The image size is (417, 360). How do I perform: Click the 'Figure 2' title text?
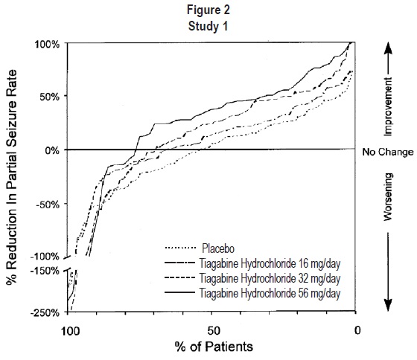(208, 10)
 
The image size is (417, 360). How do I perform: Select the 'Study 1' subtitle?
(208, 26)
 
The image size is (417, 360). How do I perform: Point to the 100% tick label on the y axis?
(48, 44)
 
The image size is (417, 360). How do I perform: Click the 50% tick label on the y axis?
(50, 97)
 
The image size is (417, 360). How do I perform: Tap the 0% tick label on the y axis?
(52, 151)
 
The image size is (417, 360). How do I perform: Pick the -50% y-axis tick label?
(48, 205)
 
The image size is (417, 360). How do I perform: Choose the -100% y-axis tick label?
(45, 257)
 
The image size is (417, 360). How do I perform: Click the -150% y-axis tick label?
(45, 271)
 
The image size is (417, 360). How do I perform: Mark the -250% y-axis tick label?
(45, 312)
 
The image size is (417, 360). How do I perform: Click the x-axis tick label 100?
(70, 331)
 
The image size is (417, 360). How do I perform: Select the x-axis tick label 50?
(214, 331)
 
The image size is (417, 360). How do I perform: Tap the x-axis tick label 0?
(357, 330)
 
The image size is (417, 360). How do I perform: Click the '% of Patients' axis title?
(214, 347)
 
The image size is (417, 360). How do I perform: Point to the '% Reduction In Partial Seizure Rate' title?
(11, 177)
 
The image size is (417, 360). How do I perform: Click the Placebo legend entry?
(200, 248)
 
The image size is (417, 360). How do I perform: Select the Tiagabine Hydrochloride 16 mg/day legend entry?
(252, 263)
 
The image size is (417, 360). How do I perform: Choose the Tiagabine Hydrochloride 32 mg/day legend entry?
(252, 278)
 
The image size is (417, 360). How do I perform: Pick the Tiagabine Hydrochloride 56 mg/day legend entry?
(252, 293)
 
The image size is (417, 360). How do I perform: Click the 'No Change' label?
(388, 152)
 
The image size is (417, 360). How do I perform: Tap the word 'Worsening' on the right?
(388, 197)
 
